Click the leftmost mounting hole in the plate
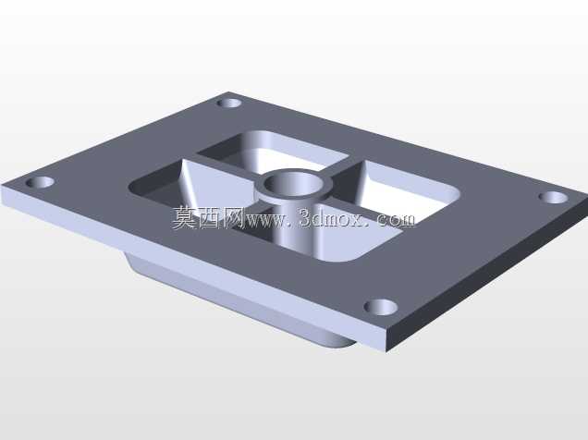pos(40,182)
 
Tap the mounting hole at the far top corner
pos(228,103)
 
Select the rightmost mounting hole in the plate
pos(553,197)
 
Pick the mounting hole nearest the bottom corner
pos(381,307)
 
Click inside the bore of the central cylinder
pos(293,184)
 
